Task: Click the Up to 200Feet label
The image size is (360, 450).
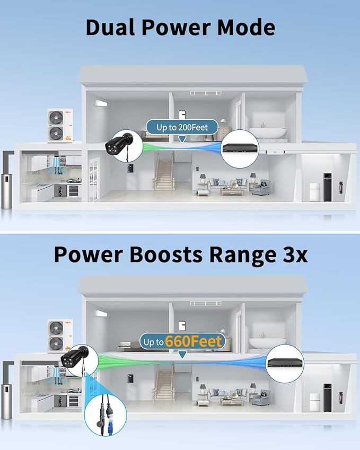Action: [182, 127]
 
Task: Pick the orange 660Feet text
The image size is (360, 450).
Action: [195, 342]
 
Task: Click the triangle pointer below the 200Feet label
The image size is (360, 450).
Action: [182, 139]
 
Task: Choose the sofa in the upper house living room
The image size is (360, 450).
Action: [227, 183]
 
